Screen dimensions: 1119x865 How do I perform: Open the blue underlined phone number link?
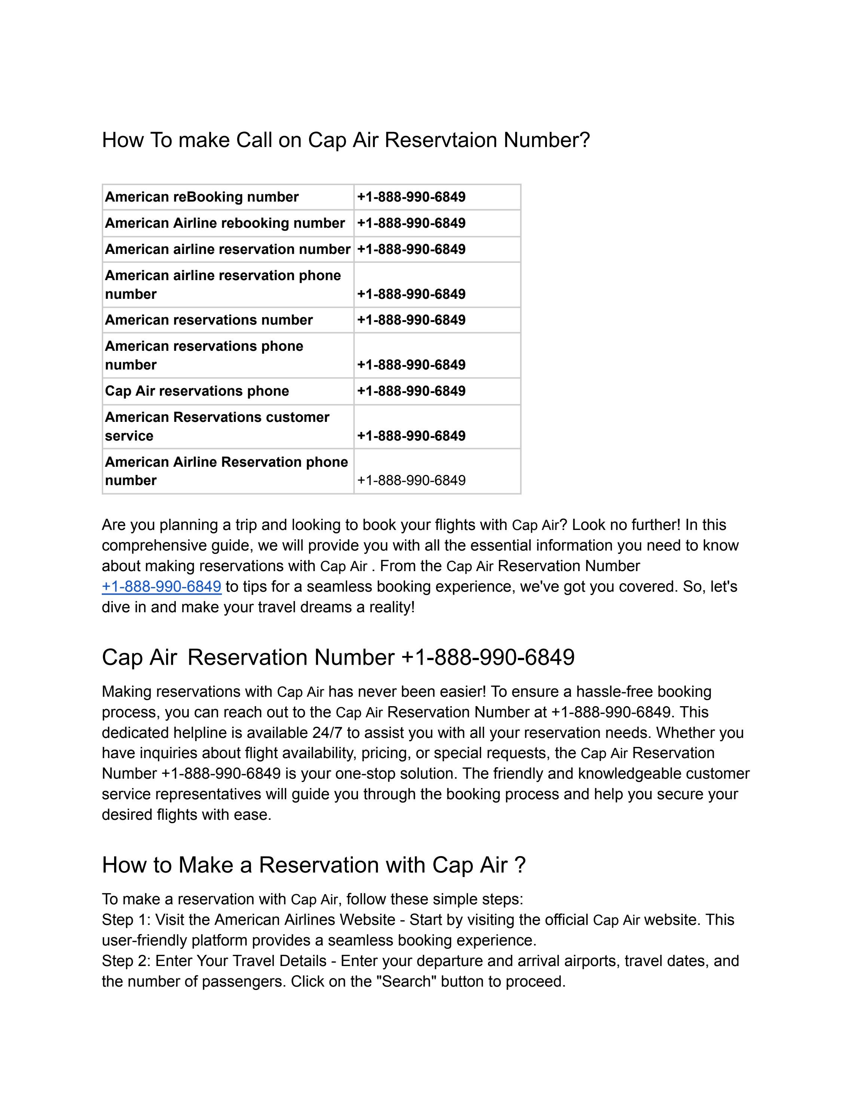(161, 587)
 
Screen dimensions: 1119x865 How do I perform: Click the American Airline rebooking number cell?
(224, 223)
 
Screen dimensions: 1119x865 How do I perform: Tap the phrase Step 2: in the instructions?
(126, 961)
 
